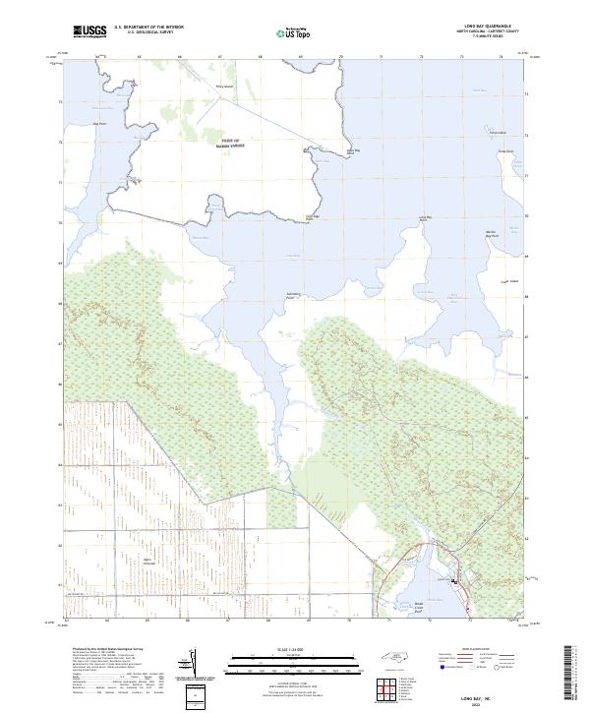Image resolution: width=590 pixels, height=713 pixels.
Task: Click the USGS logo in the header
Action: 90,32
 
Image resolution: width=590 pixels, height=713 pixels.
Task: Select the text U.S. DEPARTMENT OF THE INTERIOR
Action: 148,28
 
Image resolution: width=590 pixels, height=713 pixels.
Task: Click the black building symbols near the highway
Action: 455,581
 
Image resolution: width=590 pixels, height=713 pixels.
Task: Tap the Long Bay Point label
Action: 426,218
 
